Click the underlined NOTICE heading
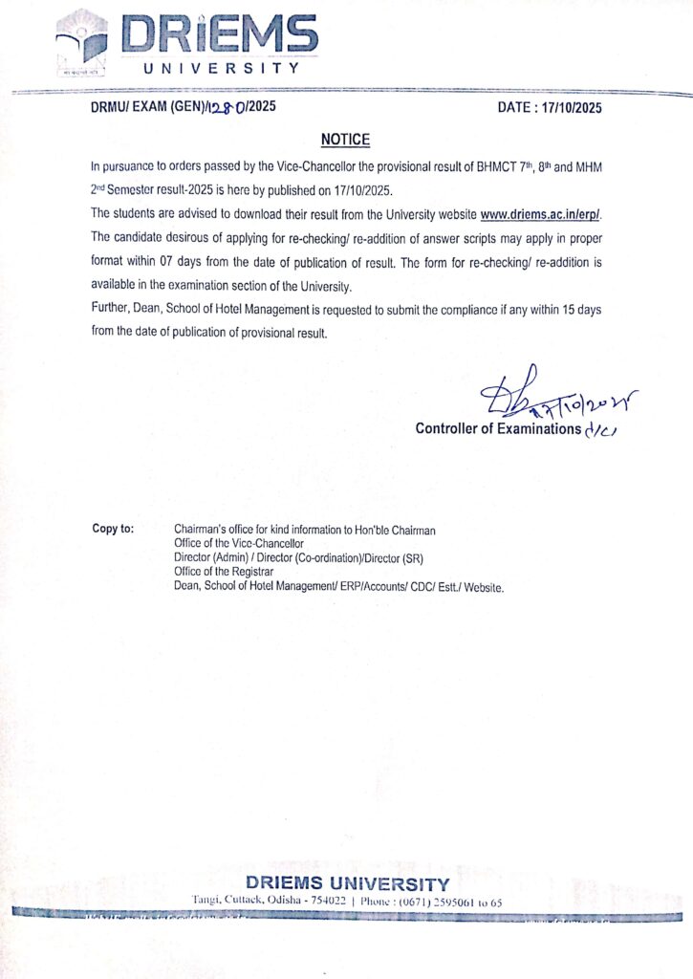tap(345, 140)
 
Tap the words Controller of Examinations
tap(497, 428)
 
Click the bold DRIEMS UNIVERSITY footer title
tap(347, 883)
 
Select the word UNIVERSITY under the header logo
tap(222, 69)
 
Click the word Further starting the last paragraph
tap(113, 311)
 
